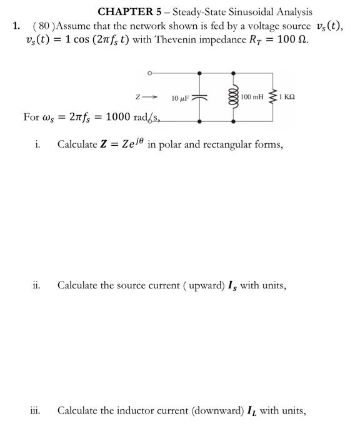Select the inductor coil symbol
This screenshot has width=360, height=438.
233,98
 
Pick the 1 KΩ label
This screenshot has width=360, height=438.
288,98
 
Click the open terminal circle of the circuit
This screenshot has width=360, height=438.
149,74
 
